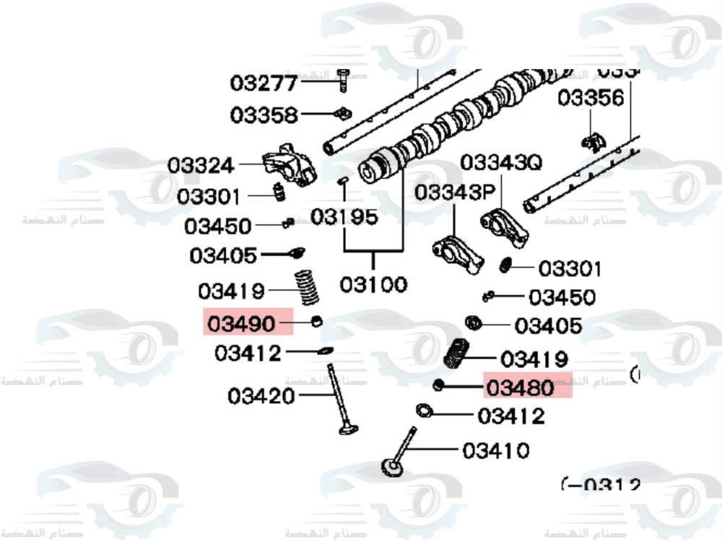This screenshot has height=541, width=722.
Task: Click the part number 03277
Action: coord(264,84)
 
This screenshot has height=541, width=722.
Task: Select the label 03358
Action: coord(264,115)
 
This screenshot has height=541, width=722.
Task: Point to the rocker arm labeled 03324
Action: coord(290,165)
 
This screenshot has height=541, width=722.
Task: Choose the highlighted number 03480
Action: coord(521,388)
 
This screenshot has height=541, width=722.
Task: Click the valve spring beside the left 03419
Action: coord(308,288)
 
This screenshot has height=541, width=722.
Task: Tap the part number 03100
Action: coord(373,284)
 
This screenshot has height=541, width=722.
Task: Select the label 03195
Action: coord(344,216)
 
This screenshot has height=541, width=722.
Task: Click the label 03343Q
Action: coord(500,163)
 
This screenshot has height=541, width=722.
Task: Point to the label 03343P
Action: coord(454,193)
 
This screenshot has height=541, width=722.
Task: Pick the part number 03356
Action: coord(590,97)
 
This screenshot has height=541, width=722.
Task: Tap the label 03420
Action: coord(261,396)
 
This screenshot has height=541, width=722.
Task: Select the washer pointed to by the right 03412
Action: coord(424,411)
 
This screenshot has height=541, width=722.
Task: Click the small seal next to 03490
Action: coord(316,320)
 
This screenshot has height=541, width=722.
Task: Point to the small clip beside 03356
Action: coord(593,142)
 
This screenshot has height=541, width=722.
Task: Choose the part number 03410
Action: coord(496,451)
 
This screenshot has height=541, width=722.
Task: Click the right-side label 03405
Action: coord(548,326)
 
